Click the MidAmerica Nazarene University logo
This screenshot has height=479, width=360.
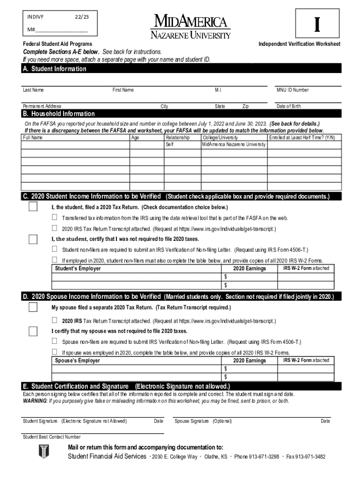click(190, 27)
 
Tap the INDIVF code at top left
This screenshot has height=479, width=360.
click(35, 17)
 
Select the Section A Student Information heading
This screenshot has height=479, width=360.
click(55, 69)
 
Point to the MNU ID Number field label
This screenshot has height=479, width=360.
click(292, 90)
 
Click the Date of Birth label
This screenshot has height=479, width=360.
click(288, 106)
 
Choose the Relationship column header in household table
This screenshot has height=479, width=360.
click(178, 138)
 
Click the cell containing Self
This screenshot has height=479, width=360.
click(170, 145)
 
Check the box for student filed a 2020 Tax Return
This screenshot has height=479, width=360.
click(33, 207)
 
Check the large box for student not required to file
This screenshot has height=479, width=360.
click(33, 239)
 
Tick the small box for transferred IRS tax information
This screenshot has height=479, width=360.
click(55, 218)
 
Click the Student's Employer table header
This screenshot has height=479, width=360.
click(78, 269)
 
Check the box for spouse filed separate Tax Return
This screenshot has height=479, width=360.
click(33, 307)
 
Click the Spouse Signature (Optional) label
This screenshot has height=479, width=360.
click(203, 421)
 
